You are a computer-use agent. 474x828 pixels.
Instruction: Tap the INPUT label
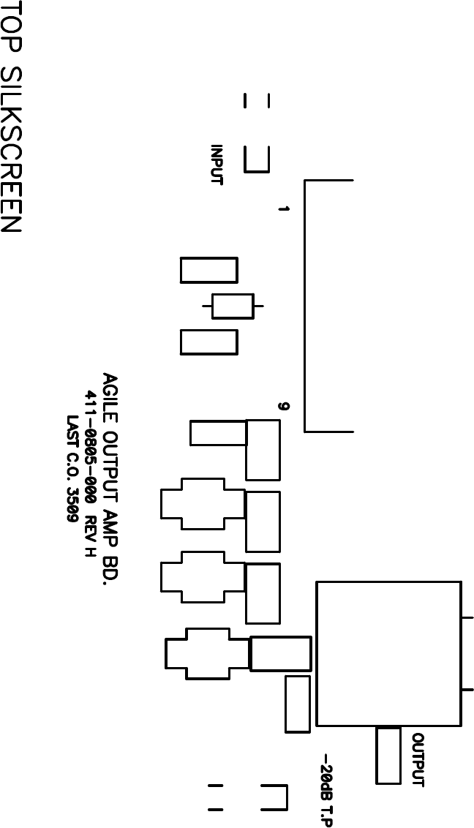(x=217, y=165)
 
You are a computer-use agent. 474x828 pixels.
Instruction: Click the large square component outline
(x=388, y=654)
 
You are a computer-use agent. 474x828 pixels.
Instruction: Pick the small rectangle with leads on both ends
(x=233, y=306)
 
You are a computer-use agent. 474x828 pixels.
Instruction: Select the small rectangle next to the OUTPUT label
(x=388, y=756)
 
